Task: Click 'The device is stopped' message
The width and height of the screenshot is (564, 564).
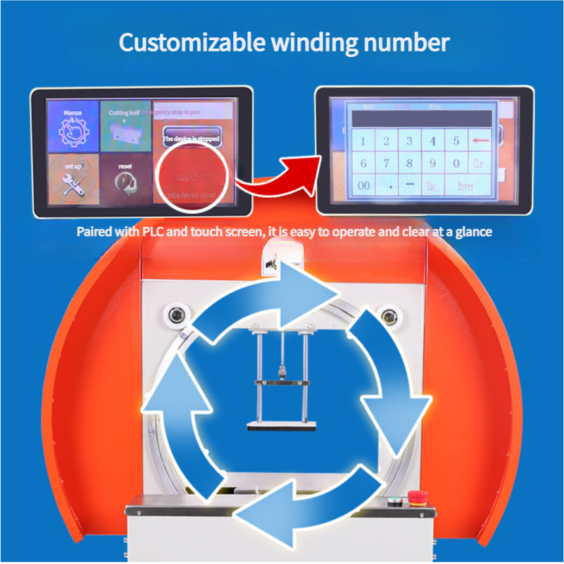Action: point(192,139)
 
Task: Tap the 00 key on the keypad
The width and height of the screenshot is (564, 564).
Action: point(363,187)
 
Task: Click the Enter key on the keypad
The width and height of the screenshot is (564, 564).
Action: point(465,187)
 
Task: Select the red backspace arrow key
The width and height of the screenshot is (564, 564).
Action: point(481,141)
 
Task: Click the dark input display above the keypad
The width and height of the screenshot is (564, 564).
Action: point(421,118)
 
